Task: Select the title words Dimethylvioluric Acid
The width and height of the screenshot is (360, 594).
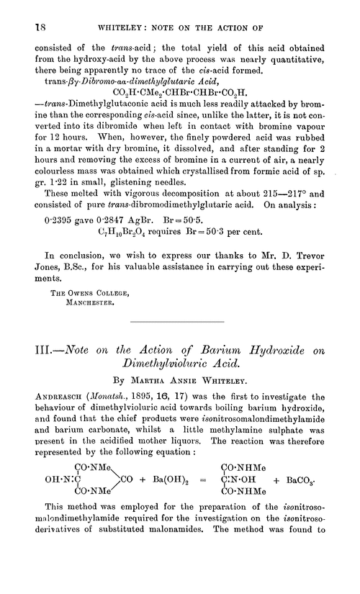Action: point(180,406)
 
